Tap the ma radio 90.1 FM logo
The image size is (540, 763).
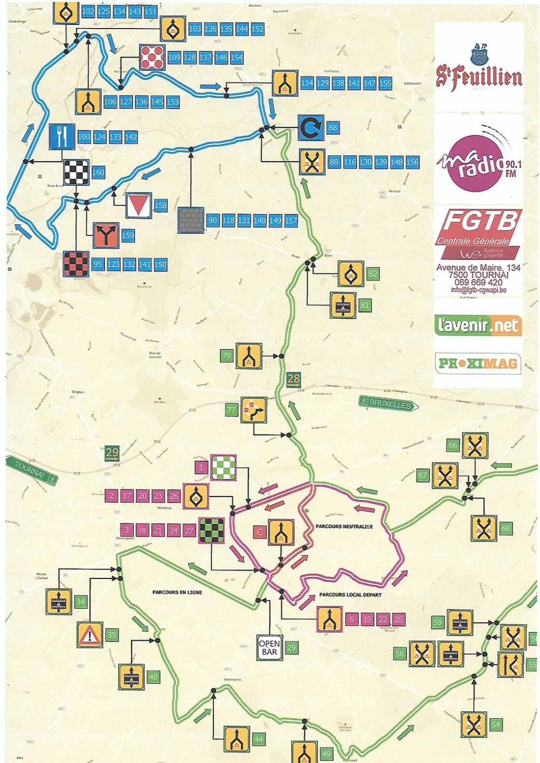pos(478,164)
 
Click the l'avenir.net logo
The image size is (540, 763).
pos(478,325)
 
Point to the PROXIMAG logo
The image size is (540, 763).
pos(477,363)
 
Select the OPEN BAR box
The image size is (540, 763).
pos(269,648)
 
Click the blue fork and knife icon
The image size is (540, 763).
pos(62,137)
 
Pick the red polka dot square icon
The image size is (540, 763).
pos(152,57)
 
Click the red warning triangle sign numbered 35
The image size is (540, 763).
pos(90,635)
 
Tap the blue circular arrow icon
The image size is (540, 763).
pos(310,128)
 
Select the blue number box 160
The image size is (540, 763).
pos(98,173)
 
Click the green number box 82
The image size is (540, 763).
pos(373,274)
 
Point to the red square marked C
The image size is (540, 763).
pos(259,532)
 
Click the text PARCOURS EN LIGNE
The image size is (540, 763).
pos(177,592)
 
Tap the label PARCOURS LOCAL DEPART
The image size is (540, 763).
pos(350,595)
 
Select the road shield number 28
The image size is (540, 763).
pos(293,380)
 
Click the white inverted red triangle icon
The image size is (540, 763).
pos(138,205)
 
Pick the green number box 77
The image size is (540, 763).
pos(232,410)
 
